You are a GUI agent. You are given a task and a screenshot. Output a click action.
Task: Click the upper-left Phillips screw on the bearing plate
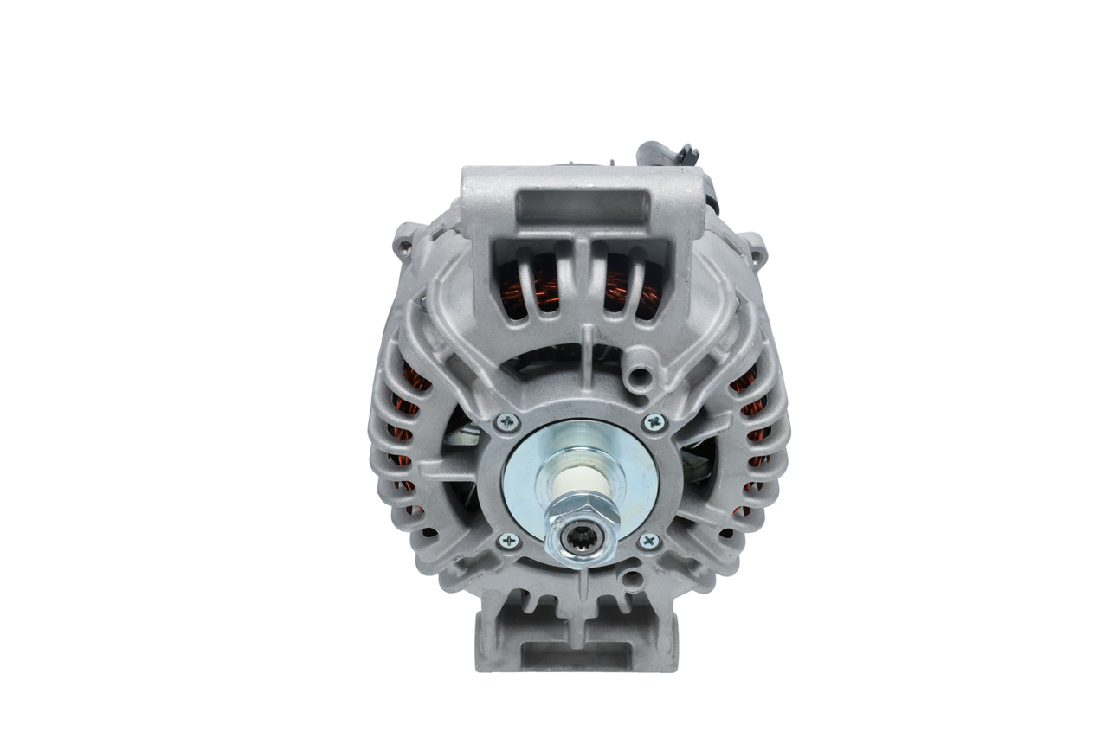point(507,423)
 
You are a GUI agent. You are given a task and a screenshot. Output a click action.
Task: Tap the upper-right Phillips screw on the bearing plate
point(654,423)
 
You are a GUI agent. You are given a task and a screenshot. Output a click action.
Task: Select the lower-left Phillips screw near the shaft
point(509,541)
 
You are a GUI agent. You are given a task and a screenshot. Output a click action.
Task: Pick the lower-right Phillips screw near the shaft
point(649,541)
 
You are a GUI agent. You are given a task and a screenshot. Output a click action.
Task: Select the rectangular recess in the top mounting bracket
point(582,206)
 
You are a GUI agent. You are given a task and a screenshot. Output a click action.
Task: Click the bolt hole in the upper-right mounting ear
point(757,253)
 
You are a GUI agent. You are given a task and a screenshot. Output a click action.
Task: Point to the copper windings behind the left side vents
point(407,407)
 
